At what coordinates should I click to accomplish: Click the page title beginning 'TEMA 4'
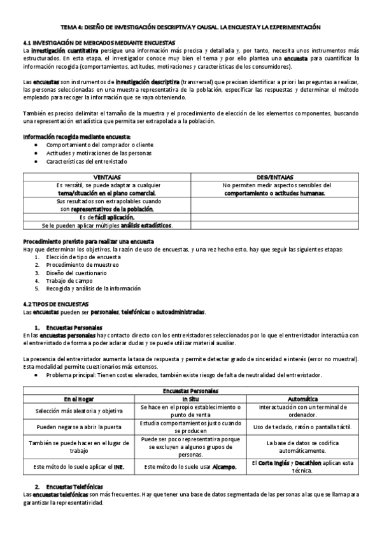tap(191, 27)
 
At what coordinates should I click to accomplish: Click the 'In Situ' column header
tap(190, 399)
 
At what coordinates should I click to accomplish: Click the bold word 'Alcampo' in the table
tap(223, 467)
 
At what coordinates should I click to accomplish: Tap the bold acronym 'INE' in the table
tap(118, 467)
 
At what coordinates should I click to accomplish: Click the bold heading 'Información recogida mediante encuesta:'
tap(76, 137)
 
